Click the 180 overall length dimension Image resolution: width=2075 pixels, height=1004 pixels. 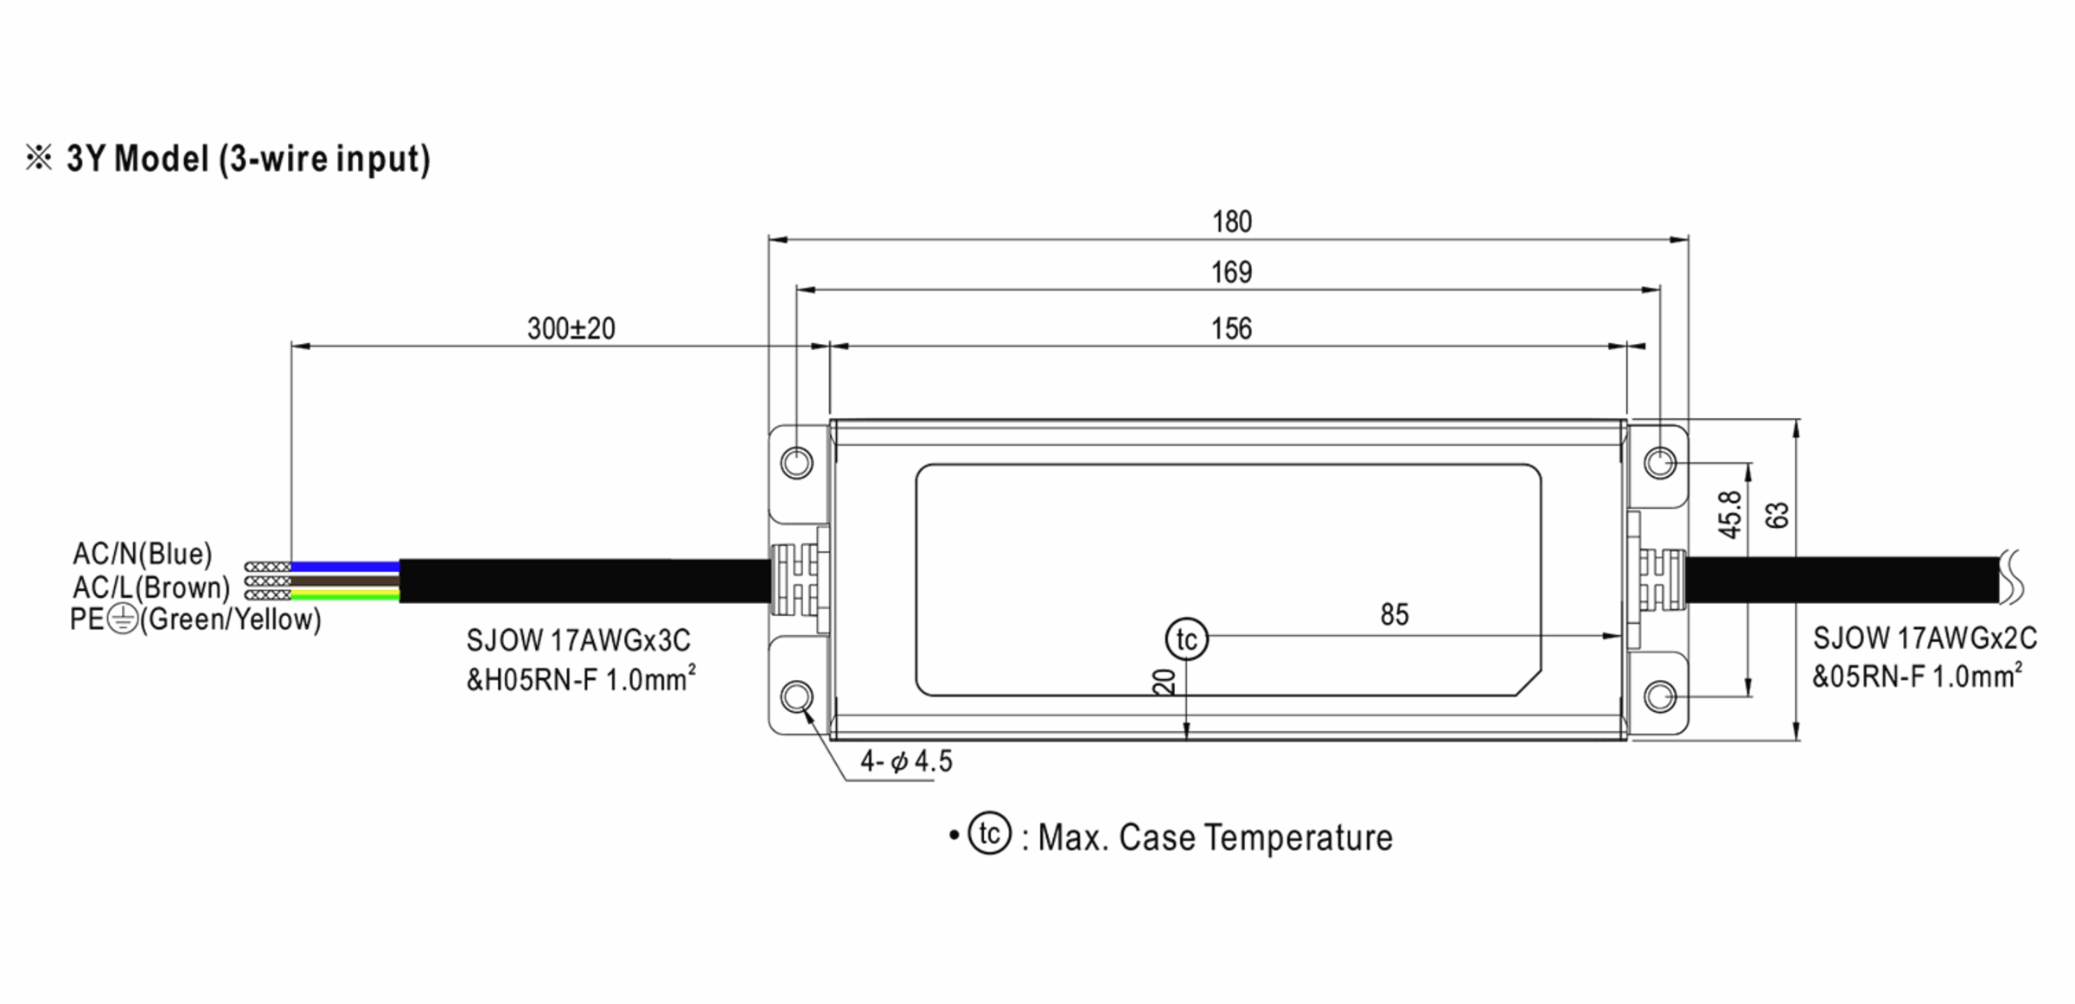1231,222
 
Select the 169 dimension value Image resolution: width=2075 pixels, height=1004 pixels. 1231,273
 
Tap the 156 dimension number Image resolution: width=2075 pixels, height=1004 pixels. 1231,329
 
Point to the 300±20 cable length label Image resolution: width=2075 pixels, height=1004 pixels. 571,328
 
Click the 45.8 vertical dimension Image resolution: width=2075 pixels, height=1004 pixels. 1730,515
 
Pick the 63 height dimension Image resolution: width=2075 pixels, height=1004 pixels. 1778,516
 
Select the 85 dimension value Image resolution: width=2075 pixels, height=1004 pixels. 1395,614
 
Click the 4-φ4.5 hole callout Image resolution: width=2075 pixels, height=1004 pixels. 906,761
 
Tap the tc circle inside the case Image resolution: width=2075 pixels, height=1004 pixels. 1187,639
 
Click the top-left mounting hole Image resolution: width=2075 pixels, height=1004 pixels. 796,463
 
